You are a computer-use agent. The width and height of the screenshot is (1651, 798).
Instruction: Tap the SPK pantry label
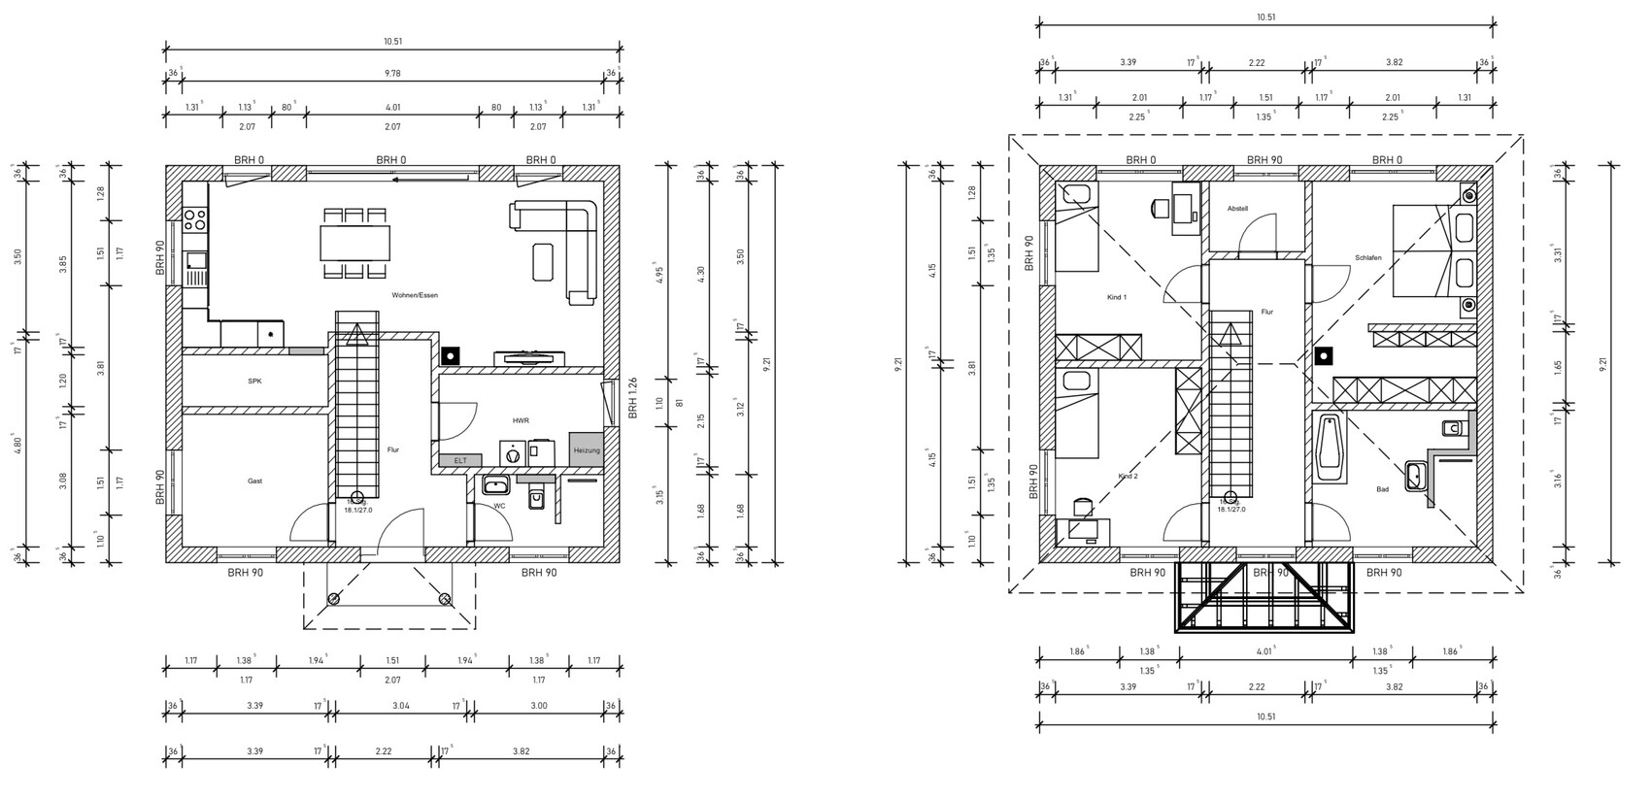(254, 382)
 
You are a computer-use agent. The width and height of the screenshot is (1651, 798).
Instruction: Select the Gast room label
(254, 481)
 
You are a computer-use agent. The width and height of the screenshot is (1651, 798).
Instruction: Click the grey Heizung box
(586, 451)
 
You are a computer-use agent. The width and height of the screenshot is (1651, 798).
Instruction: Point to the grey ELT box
(460, 460)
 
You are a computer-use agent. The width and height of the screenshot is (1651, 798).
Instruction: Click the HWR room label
(520, 420)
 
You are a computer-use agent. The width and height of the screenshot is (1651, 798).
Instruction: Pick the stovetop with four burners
(195, 219)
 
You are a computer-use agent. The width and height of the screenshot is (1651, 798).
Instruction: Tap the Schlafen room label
(1366, 258)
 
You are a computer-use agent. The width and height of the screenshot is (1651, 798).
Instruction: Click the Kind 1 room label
(1116, 297)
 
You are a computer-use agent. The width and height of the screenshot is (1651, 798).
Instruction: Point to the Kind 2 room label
(1128, 477)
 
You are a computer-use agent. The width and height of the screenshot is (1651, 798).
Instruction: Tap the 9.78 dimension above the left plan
(392, 72)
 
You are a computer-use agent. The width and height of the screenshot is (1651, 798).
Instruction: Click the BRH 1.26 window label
(631, 396)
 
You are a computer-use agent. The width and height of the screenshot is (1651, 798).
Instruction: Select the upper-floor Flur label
(1266, 312)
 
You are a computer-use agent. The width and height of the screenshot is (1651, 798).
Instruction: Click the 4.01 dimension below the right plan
(1264, 651)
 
